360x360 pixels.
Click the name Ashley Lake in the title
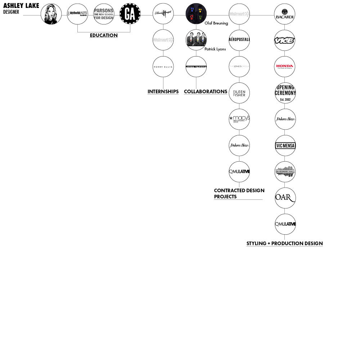21,6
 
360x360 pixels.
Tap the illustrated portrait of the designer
51,14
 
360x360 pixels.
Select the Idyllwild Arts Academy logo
77,14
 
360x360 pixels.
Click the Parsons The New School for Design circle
104,14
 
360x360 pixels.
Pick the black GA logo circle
130,14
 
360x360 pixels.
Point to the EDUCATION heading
104,35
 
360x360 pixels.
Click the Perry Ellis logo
163,67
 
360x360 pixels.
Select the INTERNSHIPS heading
163,91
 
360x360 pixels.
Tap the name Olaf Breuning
216,23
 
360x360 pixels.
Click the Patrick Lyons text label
215,49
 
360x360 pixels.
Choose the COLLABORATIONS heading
206,91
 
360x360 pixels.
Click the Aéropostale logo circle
239,40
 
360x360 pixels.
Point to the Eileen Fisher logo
239,93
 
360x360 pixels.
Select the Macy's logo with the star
239,119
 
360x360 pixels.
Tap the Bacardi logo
284,14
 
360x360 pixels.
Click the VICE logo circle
284,40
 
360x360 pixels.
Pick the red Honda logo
284,67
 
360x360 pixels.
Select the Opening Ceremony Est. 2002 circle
285,93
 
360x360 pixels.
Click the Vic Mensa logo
285,146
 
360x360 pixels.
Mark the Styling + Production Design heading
284,243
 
